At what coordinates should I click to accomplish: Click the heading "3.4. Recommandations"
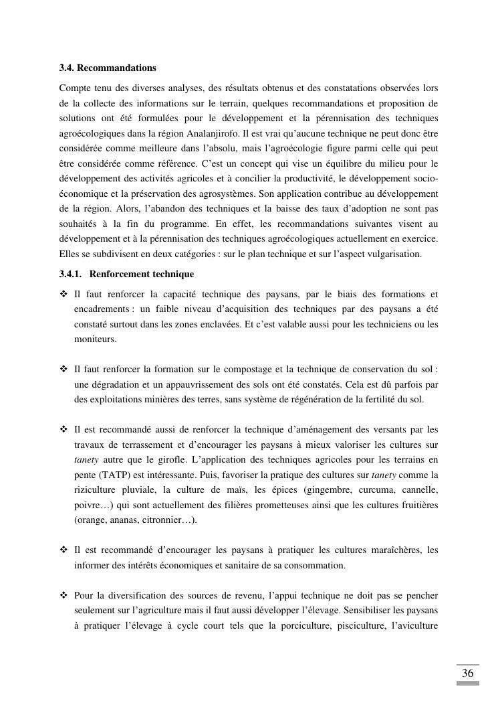click(x=108, y=68)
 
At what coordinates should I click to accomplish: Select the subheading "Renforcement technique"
click(x=141, y=274)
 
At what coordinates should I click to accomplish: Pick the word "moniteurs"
click(x=95, y=339)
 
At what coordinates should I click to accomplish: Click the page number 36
click(x=467, y=673)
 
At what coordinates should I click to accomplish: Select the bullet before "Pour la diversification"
click(x=64, y=595)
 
